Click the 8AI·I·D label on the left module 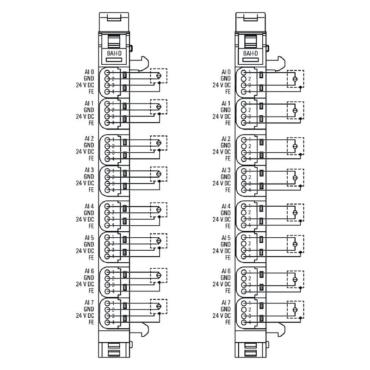[x=113, y=54]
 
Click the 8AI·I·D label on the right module [x=250, y=54]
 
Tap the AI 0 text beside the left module [x=89, y=72]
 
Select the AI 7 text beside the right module [x=226, y=302]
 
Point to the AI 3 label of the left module [x=89, y=170]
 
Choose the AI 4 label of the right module [x=226, y=206]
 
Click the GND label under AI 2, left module [x=89, y=145]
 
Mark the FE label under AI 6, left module [x=91, y=291]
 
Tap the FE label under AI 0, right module [x=228, y=92]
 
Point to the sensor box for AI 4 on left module [x=159, y=210]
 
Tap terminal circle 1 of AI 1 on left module [x=107, y=104]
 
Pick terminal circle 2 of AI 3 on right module [x=244, y=177]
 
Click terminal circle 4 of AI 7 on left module [x=107, y=322]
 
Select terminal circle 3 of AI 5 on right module [x=244, y=250]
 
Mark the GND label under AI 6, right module [x=226, y=277]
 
